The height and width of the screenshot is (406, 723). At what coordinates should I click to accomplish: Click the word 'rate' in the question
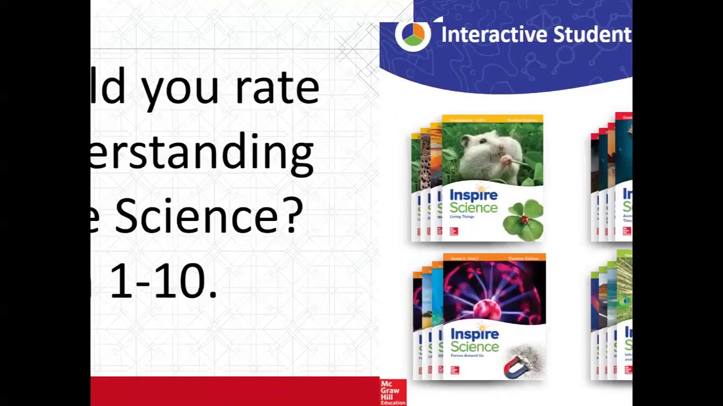[277, 89]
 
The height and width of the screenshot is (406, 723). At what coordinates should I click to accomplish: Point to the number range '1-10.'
[163, 281]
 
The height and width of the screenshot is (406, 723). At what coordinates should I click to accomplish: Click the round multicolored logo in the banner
[413, 34]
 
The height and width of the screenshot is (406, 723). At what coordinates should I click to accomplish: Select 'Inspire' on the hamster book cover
[473, 196]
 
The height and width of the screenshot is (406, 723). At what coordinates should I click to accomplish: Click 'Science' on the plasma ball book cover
[474, 347]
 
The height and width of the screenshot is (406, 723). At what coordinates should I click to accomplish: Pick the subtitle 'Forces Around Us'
[467, 356]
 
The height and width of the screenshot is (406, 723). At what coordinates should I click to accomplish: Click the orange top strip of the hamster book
[492, 120]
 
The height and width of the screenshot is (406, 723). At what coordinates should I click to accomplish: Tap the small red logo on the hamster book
[454, 231]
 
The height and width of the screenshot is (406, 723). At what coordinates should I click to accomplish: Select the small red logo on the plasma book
[455, 370]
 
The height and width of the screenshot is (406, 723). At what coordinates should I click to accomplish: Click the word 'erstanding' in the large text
[202, 152]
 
